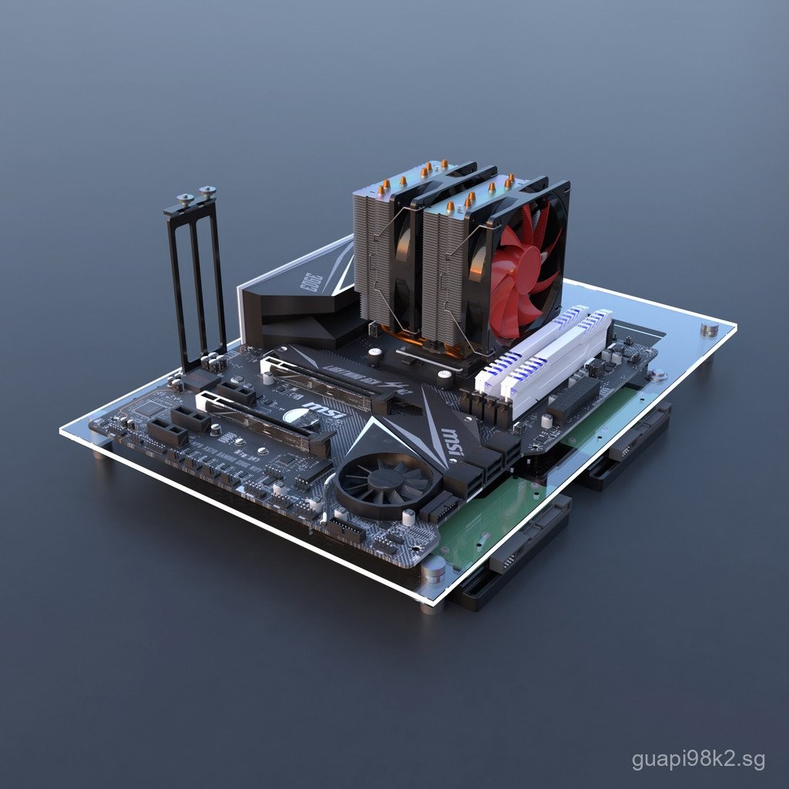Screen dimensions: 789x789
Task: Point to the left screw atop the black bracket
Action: (x=185, y=199)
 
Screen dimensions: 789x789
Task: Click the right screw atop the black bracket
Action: (x=206, y=191)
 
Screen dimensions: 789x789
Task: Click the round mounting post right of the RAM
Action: (x=657, y=375)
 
